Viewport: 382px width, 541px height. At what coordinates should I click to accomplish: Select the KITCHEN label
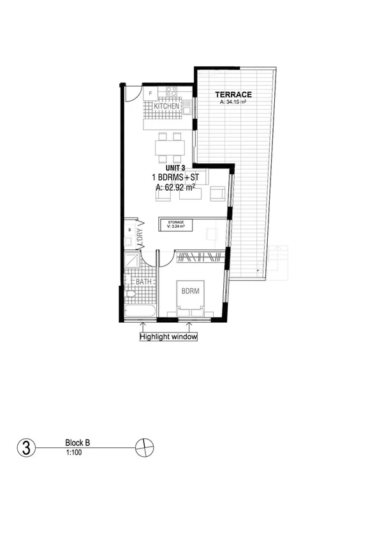point(158,106)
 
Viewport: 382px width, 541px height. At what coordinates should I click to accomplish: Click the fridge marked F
point(151,93)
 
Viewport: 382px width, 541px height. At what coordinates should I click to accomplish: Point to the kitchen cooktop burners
point(171,93)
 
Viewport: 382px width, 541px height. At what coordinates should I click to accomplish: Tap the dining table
point(170,148)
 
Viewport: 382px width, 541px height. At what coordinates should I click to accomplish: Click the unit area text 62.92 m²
point(175,188)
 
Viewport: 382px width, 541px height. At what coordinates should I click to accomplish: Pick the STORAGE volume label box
point(177,224)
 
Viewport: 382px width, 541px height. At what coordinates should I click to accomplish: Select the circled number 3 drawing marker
point(25,447)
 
